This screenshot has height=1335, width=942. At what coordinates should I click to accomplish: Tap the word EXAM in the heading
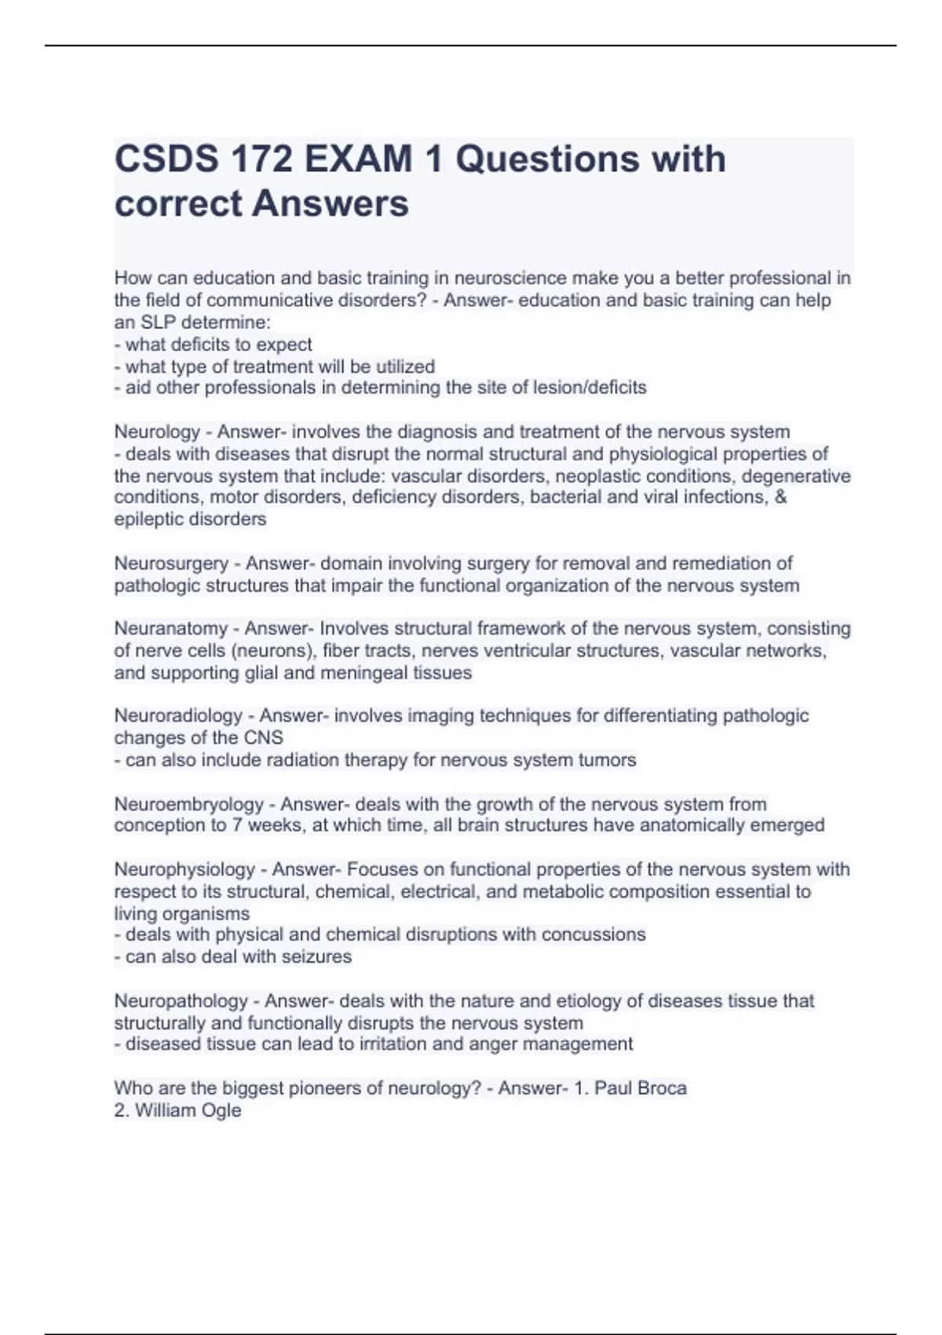tap(358, 159)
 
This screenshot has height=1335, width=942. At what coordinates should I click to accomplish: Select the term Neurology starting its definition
tap(157, 432)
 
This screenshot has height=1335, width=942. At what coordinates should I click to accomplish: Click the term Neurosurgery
tap(171, 563)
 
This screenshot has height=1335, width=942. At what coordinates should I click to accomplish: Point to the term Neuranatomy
tap(170, 628)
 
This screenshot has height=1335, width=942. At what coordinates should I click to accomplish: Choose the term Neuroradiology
tap(178, 715)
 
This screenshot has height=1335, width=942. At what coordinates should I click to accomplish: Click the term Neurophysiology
tap(184, 869)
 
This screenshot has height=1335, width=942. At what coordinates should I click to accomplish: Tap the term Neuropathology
tap(181, 1001)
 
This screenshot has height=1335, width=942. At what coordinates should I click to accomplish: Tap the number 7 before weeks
tap(236, 825)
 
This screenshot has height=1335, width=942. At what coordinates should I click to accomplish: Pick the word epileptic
tap(148, 519)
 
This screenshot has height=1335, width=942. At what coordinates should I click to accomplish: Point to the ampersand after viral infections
tap(780, 497)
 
